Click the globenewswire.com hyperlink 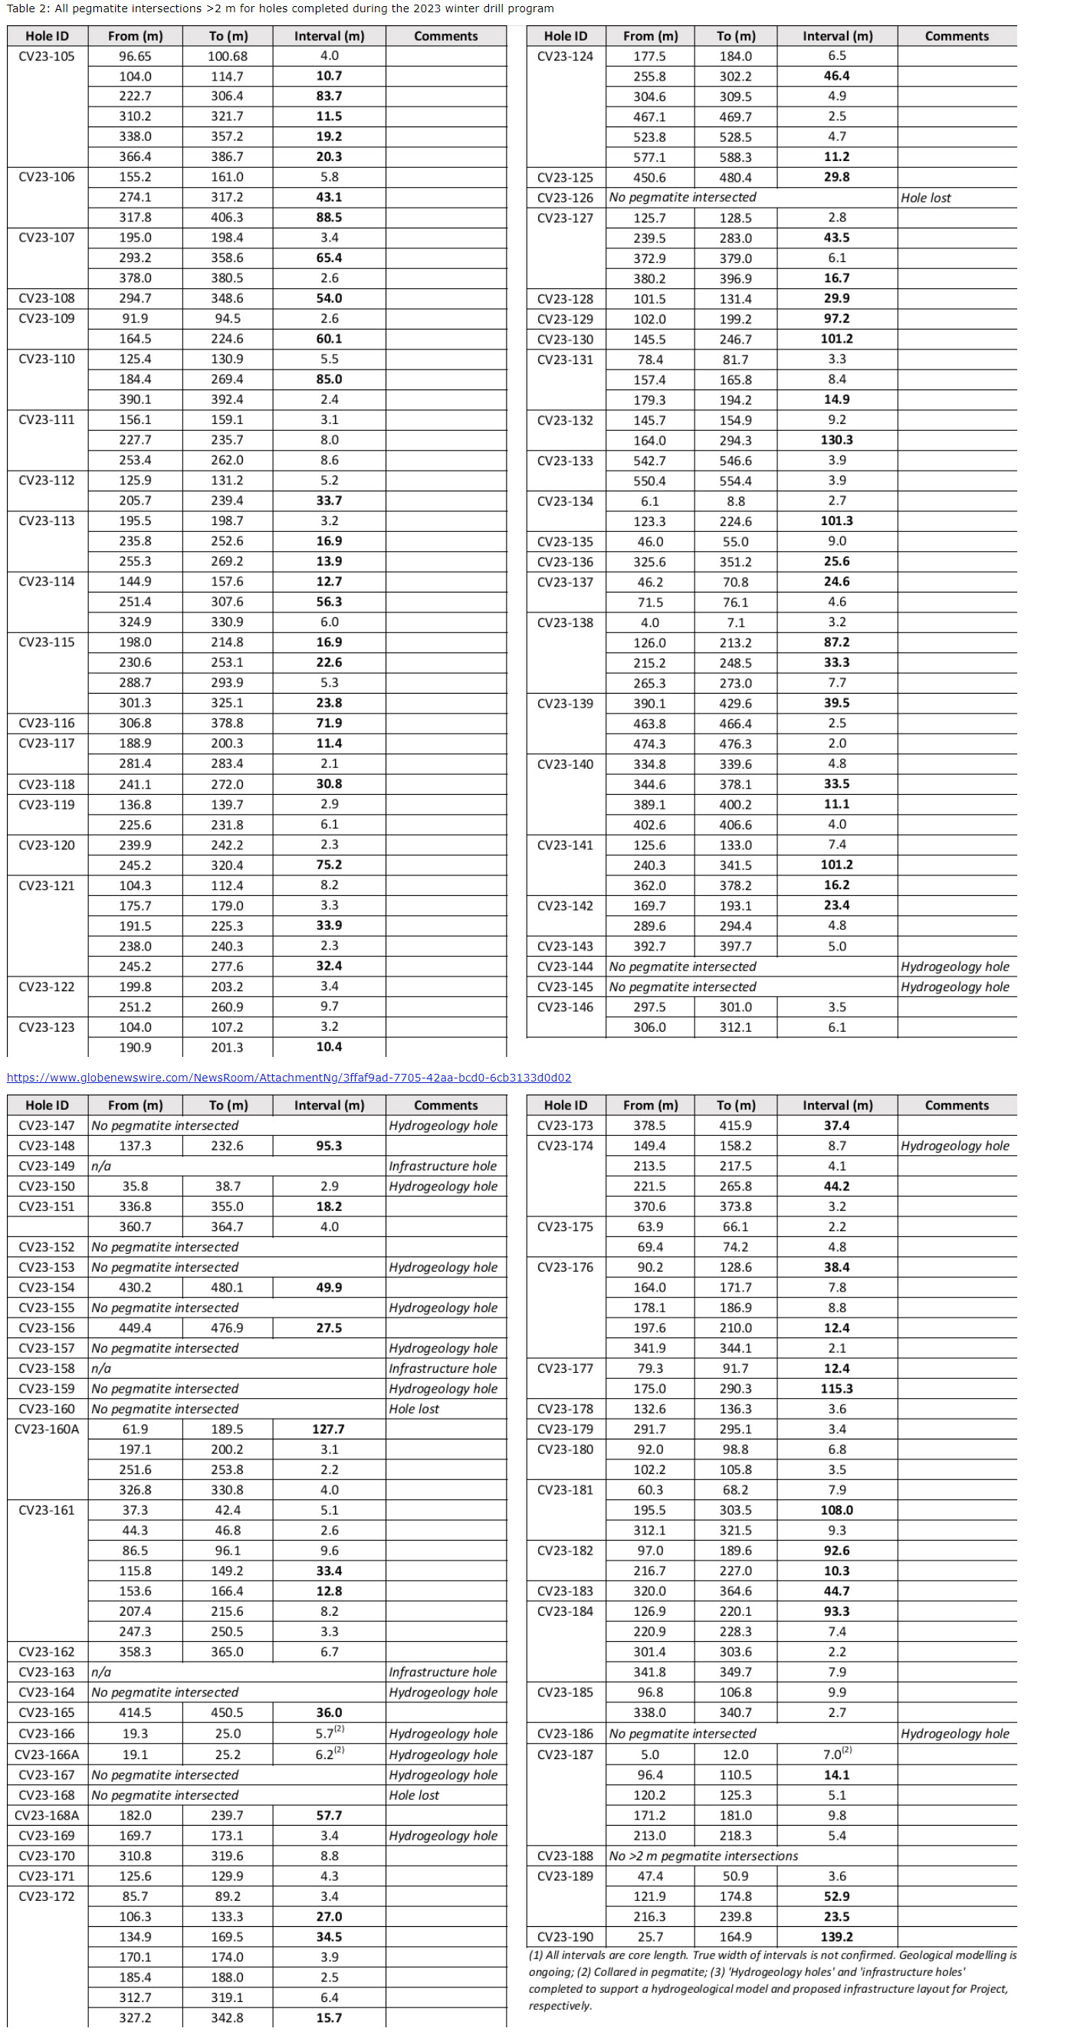point(288,1078)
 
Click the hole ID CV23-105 point(47,56)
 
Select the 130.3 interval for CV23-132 point(836,440)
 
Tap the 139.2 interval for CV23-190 point(836,1936)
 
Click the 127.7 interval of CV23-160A point(329,1429)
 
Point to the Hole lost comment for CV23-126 point(925,198)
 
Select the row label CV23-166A point(47,1754)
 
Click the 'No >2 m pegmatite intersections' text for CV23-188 point(703,1856)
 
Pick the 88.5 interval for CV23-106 point(329,217)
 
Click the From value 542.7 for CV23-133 point(649,461)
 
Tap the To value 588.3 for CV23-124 point(735,157)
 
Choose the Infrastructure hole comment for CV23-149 point(442,1166)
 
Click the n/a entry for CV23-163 point(101,1672)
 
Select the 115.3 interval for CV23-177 point(836,1389)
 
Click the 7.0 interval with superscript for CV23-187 point(836,1754)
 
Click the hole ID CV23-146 point(565,1007)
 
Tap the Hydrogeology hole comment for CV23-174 point(954,1145)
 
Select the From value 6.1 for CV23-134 point(649,501)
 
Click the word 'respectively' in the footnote point(560,2006)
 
